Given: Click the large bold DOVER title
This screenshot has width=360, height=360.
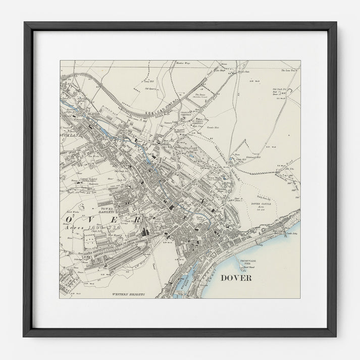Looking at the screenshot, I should click(236, 278).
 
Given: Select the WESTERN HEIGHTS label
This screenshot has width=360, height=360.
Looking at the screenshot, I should click(129, 293).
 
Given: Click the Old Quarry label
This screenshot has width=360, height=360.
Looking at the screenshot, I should click(151, 88).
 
